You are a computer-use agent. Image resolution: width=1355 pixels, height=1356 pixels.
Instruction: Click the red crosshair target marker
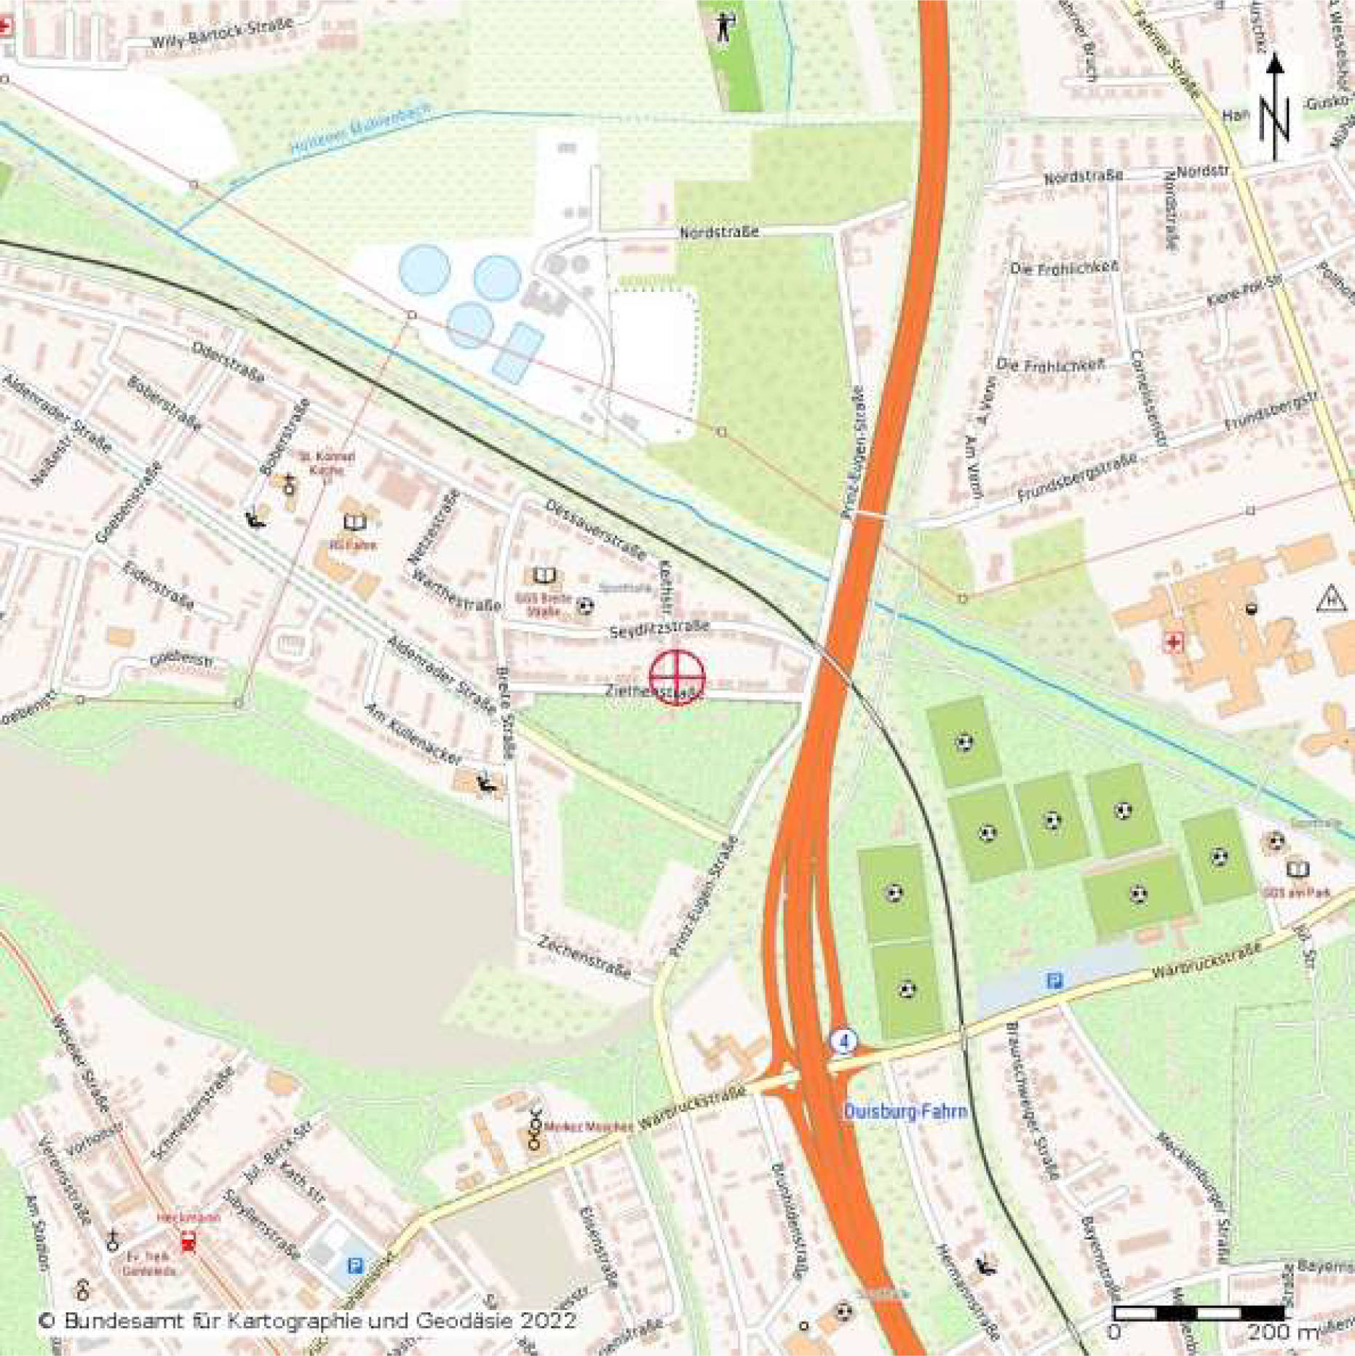pyautogui.click(x=677, y=677)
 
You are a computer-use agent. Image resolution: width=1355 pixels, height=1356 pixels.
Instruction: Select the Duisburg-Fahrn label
pyautogui.click(x=905, y=1111)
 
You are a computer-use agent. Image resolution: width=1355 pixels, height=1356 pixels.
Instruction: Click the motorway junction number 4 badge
pyautogui.click(x=844, y=1042)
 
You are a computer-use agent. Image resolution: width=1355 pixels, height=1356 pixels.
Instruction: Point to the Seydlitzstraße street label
pyautogui.click(x=659, y=628)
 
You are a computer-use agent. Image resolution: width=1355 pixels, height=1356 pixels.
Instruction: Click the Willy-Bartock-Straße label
pyautogui.click(x=222, y=33)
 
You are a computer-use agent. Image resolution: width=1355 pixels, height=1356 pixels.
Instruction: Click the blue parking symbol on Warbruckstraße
pyautogui.click(x=1054, y=980)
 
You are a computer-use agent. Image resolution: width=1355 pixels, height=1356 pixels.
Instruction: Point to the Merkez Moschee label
pyautogui.click(x=589, y=1127)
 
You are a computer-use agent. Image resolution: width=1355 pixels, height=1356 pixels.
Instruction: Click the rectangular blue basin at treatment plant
pyautogui.click(x=517, y=353)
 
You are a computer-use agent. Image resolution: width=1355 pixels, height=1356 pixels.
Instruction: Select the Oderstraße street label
pyautogui.click(x=228, y=362)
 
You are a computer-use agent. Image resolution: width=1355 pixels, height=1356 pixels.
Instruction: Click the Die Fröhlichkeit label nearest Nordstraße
pyautogui.click(x=1063, y=268)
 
